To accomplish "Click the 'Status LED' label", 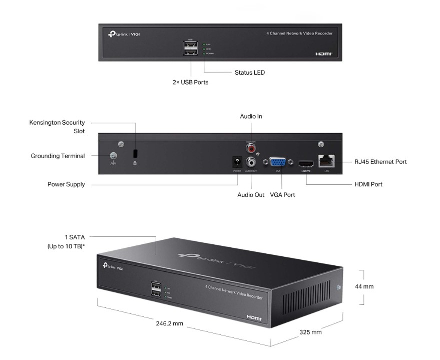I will coord(249,73).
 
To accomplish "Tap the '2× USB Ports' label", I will coord(190,82).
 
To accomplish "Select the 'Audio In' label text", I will coord(251,116).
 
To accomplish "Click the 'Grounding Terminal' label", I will coord(58,156).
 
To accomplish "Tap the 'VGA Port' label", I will coord(282,195).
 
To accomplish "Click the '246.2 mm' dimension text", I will coord(169,323).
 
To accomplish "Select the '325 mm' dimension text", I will coord(310,331).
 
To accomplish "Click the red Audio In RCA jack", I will coord(250,148).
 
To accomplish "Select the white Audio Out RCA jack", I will coord(251,162).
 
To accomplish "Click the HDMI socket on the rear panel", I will coord(305,163).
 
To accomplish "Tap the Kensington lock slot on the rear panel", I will coord(135,153).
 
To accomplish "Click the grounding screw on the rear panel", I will coord(113,156).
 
